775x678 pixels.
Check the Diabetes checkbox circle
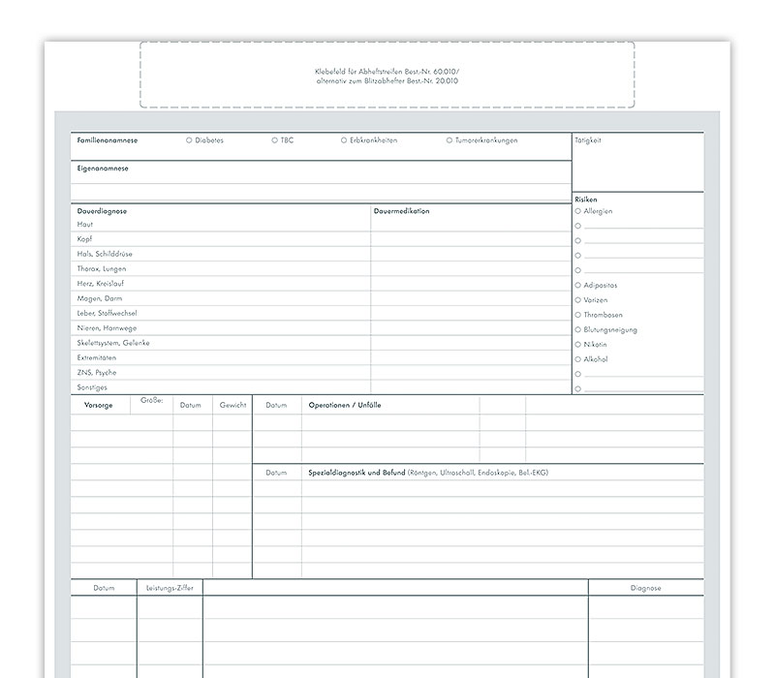189,140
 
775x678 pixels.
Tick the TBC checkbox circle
275,140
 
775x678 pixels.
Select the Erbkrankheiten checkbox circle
344,140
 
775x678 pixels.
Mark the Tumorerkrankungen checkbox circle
449,140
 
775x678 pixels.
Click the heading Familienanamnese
107,140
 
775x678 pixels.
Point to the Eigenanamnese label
103,169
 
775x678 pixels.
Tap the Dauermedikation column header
401,210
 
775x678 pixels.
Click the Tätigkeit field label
588,140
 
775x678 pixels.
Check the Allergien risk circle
578,210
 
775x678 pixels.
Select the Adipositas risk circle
578,285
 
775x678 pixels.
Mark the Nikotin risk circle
578,344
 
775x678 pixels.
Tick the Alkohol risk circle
578,359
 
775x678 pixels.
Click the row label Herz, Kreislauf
101,284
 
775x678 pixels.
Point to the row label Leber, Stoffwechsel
107,314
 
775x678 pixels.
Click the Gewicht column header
232,405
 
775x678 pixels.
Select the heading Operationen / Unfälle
344,405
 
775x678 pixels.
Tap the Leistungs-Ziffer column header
170,588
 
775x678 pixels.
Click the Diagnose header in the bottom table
645,588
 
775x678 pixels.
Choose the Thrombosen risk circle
578,315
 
